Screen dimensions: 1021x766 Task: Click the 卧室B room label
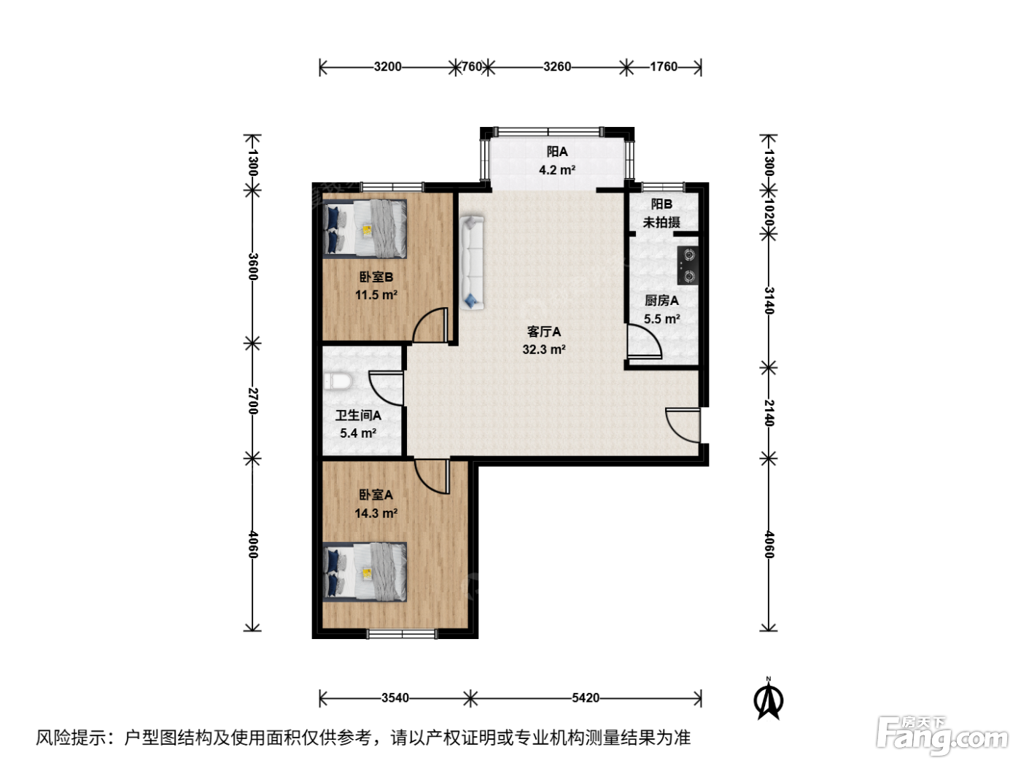(x=376, y=277)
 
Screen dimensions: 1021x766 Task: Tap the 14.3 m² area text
(x=376, y=513)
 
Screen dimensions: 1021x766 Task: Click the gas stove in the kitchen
(x=688, y=266)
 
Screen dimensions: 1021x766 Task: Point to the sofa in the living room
(x=472, y=262)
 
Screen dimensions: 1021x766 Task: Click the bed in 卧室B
(x=365, y=229)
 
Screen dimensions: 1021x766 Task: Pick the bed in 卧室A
(x=365, y=572)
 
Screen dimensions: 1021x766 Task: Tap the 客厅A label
(x=544, y=332)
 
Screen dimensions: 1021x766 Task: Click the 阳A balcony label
(x=556, y=152)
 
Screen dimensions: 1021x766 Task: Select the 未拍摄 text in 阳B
(x=661, y=223)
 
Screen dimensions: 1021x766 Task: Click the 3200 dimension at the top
(x=387, y=67)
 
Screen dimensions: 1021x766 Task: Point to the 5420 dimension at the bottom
(x=585, y=697)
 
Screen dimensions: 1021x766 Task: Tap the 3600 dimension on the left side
(x=252, y=266)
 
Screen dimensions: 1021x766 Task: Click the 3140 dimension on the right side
(x=769, y=301)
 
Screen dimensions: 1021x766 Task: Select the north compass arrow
(x=769, y=699)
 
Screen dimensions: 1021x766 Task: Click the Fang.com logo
(x=942, y=735)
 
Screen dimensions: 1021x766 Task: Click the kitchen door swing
(x=644, y=342)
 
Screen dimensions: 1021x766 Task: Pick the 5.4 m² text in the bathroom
(x=357, y=433)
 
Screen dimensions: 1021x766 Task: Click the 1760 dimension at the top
(x=664, y=67)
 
